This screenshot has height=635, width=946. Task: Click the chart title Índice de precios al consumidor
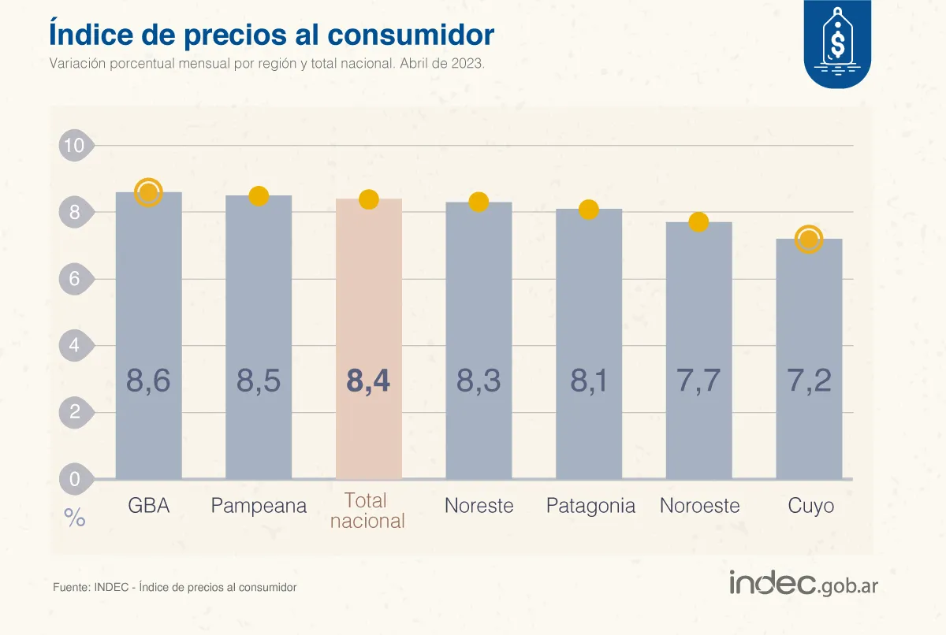click(x=271, y=34)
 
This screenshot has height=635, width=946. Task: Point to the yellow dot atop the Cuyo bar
click(x=809, y=239)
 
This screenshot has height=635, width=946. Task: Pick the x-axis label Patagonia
click(x=590, y=506)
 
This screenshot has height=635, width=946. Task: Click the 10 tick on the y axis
click(x=75, y=146)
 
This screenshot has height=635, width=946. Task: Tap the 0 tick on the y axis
click(x=75, y=478)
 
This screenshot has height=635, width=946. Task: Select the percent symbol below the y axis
click(x=75, y=518)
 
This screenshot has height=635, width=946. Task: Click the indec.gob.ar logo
click(x=803, y=584)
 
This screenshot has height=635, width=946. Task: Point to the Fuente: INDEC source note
click(x=174, y=587)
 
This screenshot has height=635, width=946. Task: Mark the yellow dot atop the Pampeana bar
click(x=259, y=196)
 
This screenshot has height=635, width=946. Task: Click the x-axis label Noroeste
click(x=699, y=506)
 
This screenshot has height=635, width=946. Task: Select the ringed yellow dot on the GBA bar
click(x=148, y=191)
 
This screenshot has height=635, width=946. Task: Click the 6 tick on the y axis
click(x=75, y=279)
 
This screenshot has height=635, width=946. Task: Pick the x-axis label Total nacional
click(x=367, y=511)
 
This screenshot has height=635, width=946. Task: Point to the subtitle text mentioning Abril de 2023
click(x=266, y=64)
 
